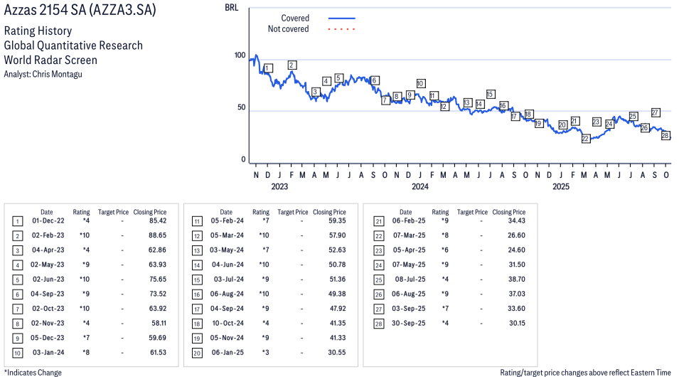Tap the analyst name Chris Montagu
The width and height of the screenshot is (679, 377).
click(x=43, y=74)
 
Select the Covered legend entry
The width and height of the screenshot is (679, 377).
click(x=295, y=18)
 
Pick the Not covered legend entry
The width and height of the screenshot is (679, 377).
click(x=288, y=29)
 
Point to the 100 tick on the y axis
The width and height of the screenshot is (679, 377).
click(x=240, y=56)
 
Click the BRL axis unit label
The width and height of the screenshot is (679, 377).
click(x=231, y=8)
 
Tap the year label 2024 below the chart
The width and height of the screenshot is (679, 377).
click(x=420, y=187)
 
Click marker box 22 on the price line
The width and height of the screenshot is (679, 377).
click(x=586, y=139)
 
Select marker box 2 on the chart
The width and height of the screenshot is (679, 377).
click(x=292, y=65)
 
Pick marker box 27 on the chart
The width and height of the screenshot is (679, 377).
click(x=656, y=112)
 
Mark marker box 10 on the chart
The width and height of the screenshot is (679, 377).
click(x=421, y=83)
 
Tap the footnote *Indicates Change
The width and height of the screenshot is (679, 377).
click(x=33, y=372)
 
